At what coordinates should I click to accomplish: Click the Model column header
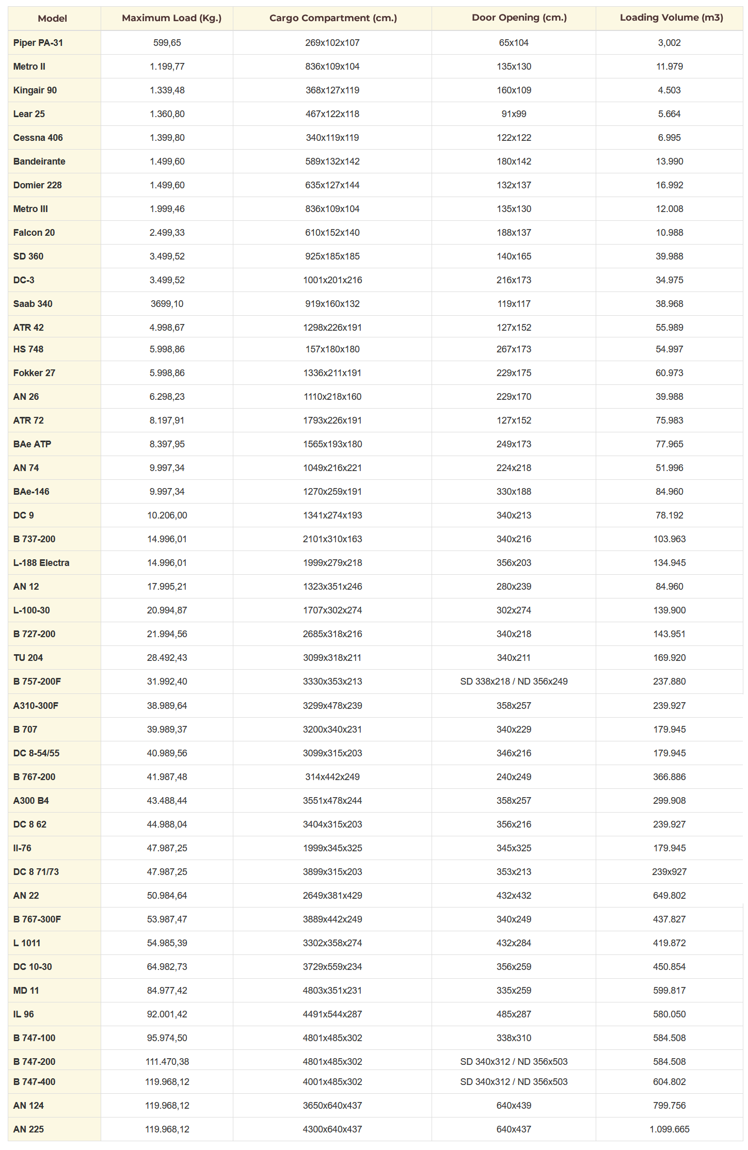tap(52, 19)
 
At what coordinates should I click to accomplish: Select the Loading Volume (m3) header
tap(671, 18)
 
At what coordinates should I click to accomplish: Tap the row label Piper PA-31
tap(38, 43)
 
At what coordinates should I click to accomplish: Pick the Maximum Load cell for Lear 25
tap(167, 114)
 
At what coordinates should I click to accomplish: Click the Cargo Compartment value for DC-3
tap(332, 280)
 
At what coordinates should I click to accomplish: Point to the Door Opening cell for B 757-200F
tap(514, 682)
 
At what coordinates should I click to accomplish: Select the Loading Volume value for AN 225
tap(669, 1129)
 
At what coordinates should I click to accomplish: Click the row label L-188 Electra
tap(41, 563)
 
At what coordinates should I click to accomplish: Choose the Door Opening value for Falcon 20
tap(514, 233)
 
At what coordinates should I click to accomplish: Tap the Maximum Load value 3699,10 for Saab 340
tap(167, 304)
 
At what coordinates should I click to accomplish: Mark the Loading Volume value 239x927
tap(669, 872)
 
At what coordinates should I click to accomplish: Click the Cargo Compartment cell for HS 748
tap(332, 349)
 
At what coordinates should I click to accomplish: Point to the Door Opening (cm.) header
tap(519, 18)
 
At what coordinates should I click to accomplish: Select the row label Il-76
tap(22, 848)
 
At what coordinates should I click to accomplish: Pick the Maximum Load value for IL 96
tap(167, 1014)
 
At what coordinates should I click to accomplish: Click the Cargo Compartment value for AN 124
tap(332, 1106)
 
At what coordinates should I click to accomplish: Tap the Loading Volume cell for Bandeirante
tap(669, 161)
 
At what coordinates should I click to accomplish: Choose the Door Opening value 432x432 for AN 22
tap(514, 896)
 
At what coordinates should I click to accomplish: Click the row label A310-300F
tap(36, 706)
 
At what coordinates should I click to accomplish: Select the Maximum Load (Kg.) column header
tap(171, 18)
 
